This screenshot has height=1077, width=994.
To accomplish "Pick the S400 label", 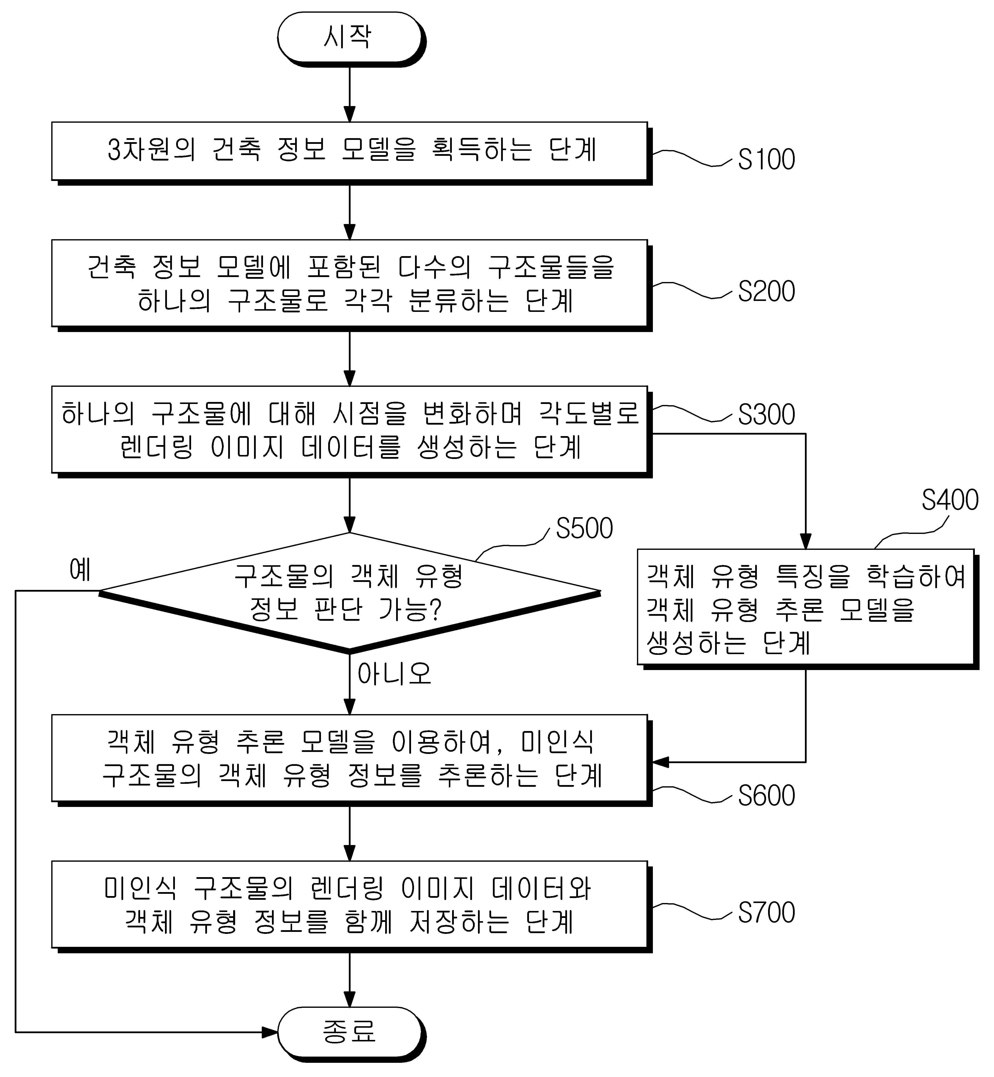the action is (950, 500).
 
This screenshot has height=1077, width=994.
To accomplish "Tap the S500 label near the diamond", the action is (584, 528).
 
